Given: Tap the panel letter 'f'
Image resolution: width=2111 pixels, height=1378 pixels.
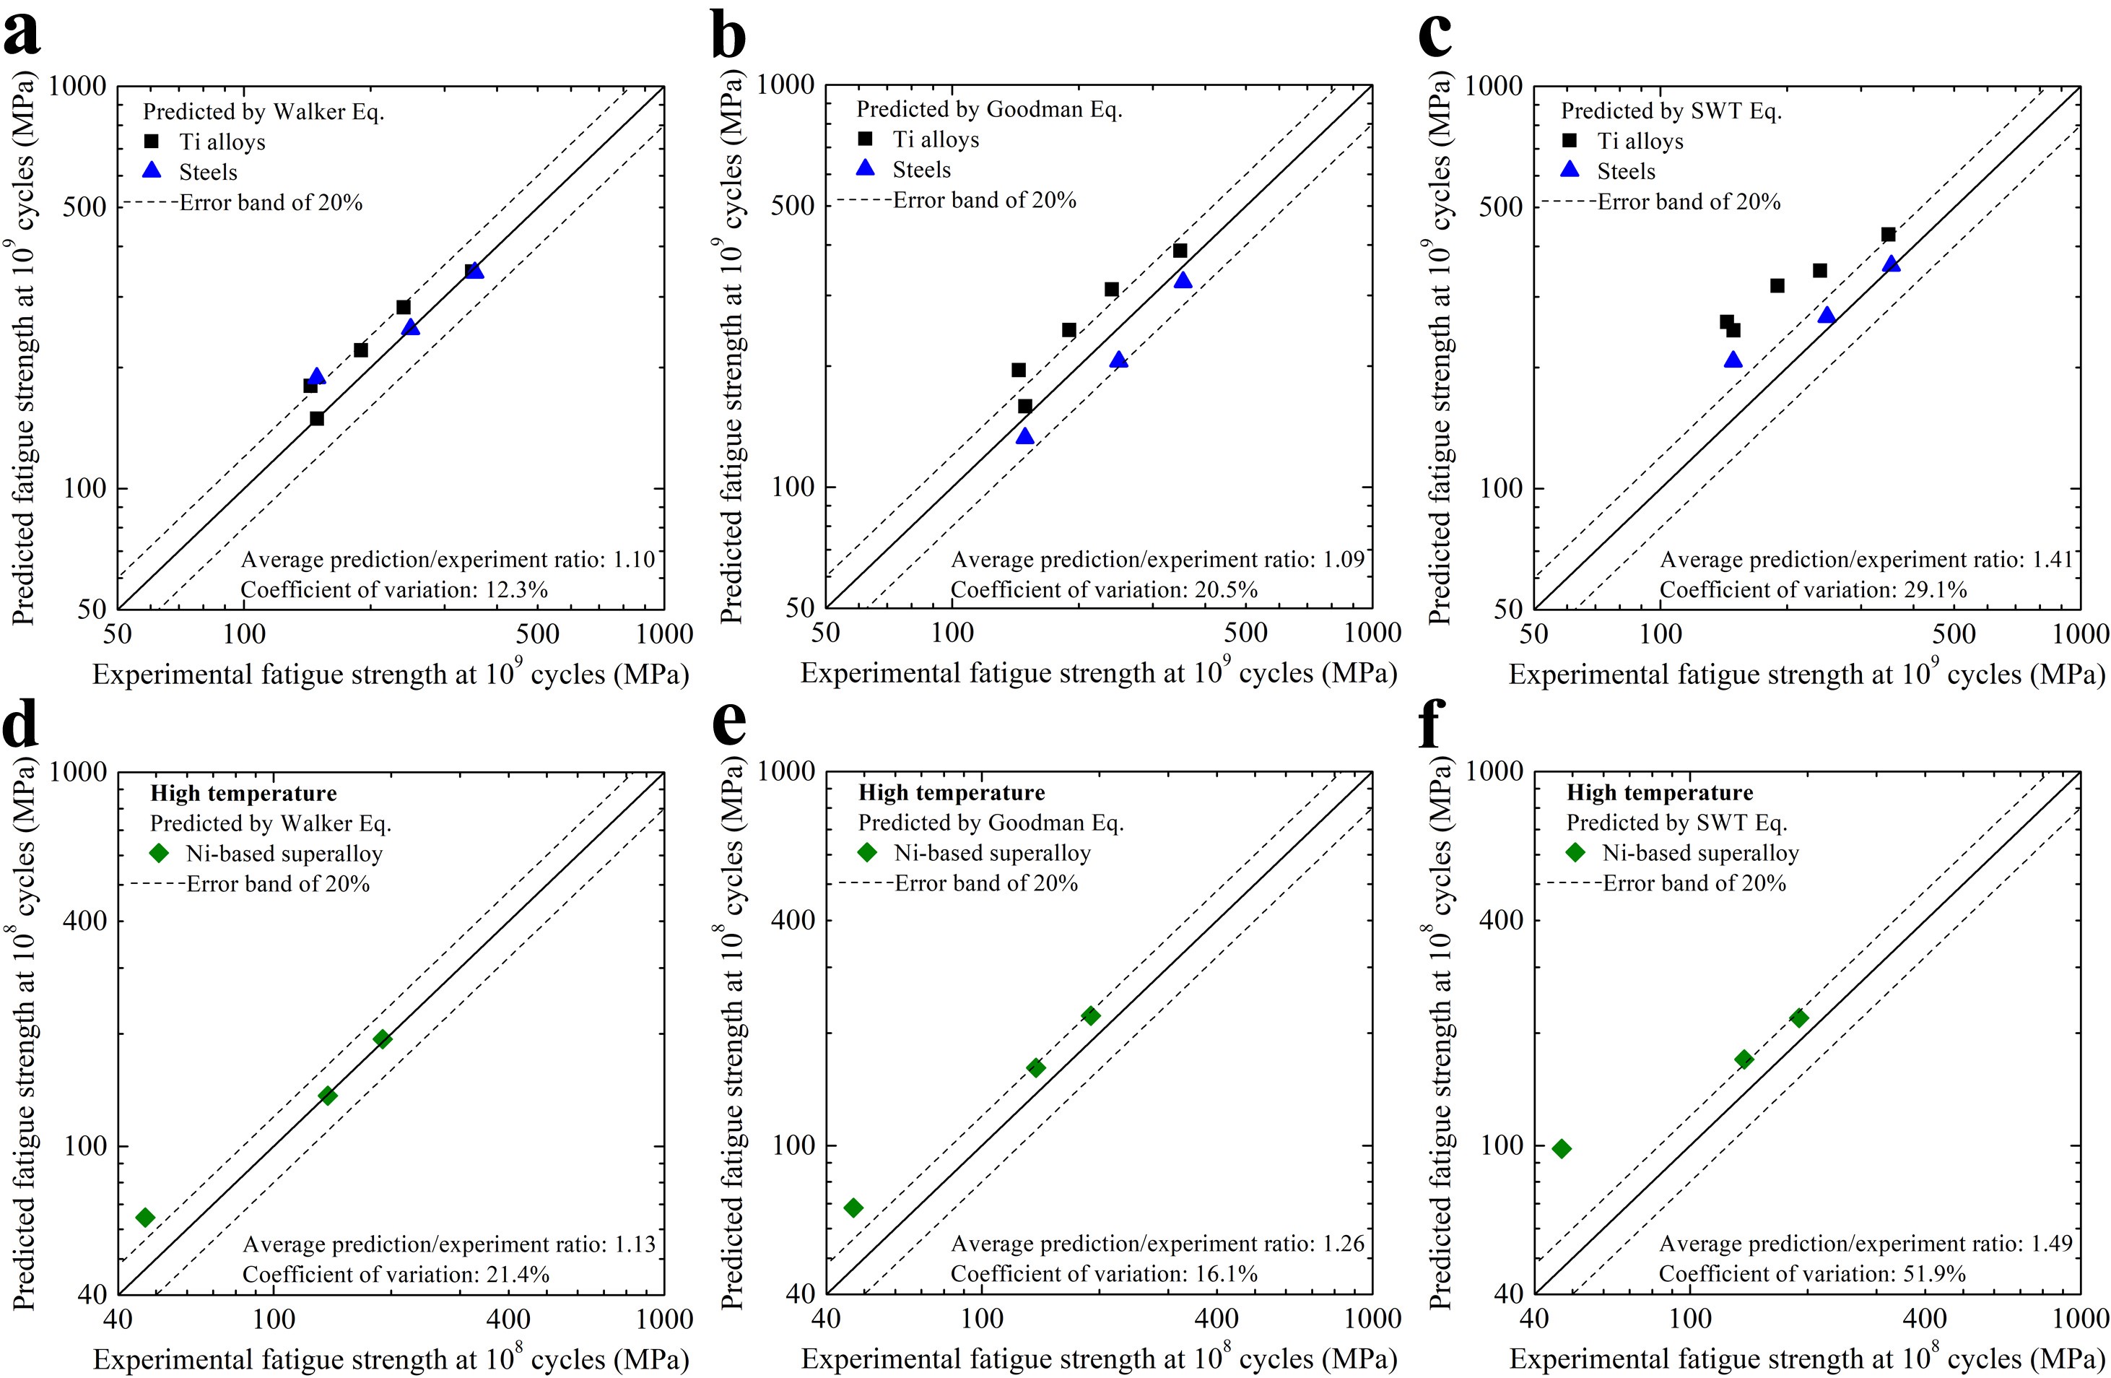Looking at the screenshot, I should click(x=1432, y=723).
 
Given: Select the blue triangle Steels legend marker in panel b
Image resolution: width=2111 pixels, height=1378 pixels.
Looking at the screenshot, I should click(x=865, y=168).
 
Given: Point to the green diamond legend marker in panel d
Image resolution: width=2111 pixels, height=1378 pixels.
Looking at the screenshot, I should click(x=159, y=853).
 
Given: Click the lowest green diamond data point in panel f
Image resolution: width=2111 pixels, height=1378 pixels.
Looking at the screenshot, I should click(x=1562, y=1149).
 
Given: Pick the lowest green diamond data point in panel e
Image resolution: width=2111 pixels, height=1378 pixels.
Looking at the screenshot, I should click(x=853, y=1208).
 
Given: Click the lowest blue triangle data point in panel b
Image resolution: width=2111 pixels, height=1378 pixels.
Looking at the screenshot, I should click(x=1024, y=436).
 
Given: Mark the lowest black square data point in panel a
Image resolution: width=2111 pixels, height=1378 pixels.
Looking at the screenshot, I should click(x=317, y=419).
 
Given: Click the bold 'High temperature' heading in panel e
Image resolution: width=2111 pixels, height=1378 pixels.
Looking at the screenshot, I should click(x=952, y=792).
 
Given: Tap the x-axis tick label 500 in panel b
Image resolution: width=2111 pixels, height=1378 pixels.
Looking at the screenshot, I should click(x=1245, y=633).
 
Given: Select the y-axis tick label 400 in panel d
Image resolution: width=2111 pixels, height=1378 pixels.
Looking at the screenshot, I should click(x=84, y=920).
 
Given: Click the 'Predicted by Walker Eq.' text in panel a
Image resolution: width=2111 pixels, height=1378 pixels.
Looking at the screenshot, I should click(x=264, y=112).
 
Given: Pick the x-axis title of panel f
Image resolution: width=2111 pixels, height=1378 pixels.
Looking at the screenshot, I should click(x=1807, y=1358).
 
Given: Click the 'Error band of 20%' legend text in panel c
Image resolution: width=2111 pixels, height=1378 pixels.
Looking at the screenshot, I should click(x=1689, y=201).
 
